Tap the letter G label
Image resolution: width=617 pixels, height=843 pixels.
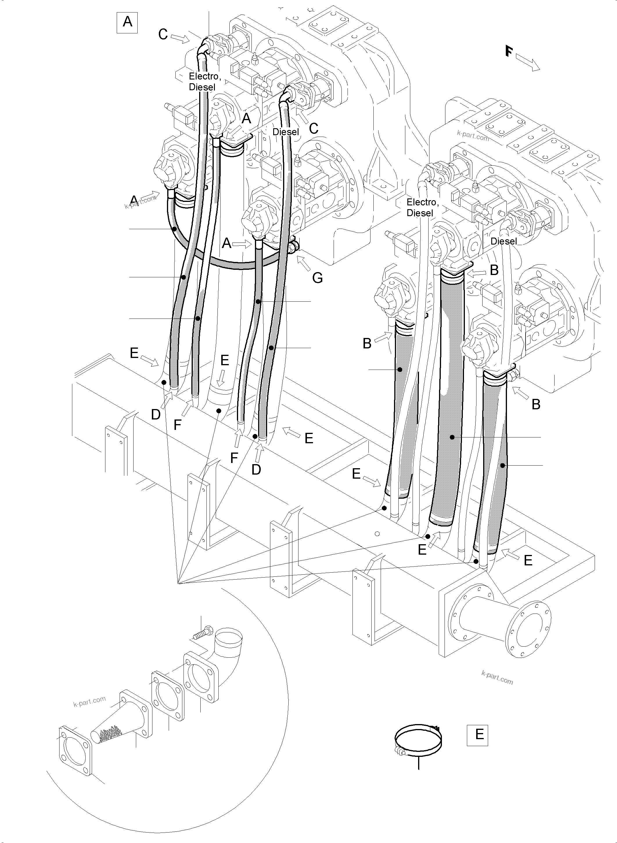coord(317,278)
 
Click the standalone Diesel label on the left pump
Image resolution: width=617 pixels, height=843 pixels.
coord(286,132)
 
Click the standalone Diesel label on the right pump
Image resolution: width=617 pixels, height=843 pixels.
coord(504,241)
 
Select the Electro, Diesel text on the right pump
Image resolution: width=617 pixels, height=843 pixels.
coord(422,207)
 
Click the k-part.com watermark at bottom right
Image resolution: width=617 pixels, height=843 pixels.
coord(497,678)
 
